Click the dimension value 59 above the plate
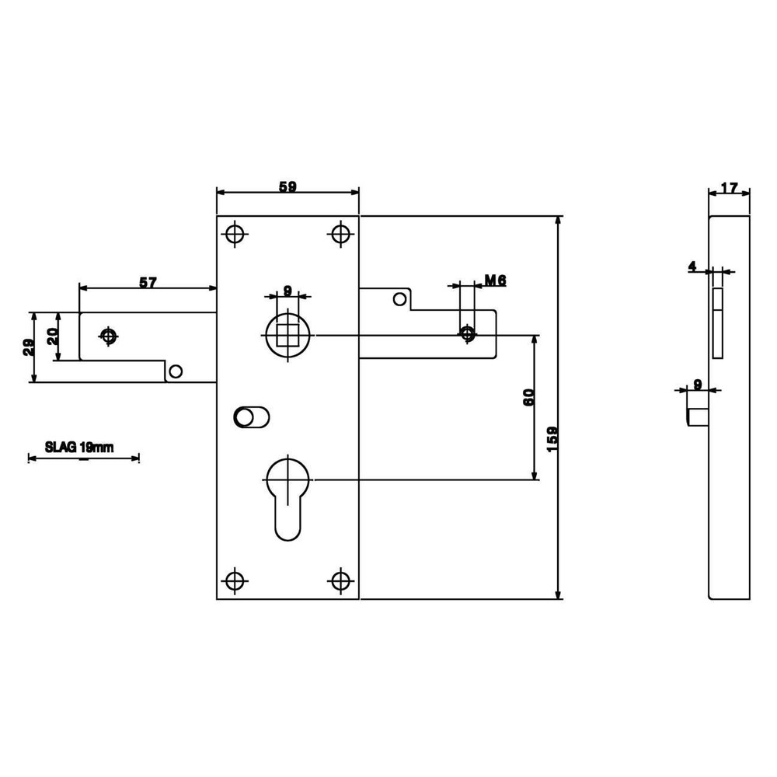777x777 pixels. pyautogui.click(x=288, y=187)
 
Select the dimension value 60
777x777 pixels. pyautogui.click(x=528, y=398)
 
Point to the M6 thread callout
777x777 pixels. pyautogui.click(x=495, y=280)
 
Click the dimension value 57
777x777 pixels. pyautogui.click(x=148, y=283)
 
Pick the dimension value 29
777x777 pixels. pyautogui.click(x=28, y=347)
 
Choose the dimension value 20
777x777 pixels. pyautogui.click(x=53, y=336)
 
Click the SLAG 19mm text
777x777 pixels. pyautogui.click(x=79, y=447)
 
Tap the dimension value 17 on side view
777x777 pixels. pyautogui.click(x=729, y=188)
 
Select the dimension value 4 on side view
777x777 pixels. pyautogui.click(x=692, y=267)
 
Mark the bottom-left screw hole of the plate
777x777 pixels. pyautogui.click(x=235, y=580)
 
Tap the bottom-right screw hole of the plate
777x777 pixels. pyautogui.click(x=340, y=580)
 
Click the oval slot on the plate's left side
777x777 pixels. pyautogui.click(x=251, y=418)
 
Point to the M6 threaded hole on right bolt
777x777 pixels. pyautogui.click(x=467, y=333)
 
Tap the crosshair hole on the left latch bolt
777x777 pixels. pyautogui.click(x=109, y=336)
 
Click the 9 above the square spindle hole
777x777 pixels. pyautogui.click(x=288, y=291)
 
